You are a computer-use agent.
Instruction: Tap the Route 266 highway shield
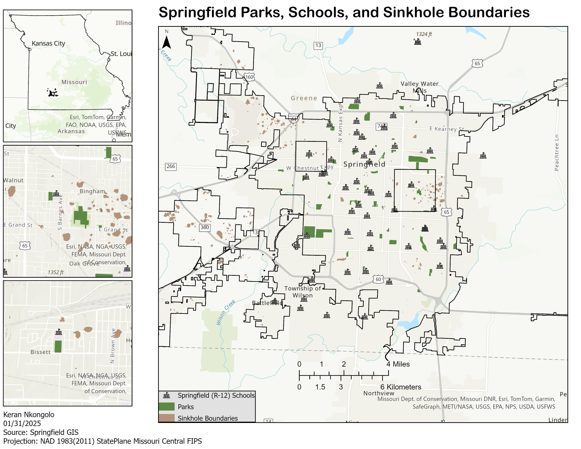[171, 167]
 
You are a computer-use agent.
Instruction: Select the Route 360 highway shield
[205, 227]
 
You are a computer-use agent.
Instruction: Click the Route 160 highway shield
[249, 77]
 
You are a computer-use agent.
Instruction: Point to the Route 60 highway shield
[378, 279]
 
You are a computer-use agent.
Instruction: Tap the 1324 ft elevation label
[424, 34]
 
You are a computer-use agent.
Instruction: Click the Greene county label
[304, 98]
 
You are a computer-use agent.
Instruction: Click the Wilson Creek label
[226, 313]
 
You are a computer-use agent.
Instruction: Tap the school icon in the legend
[167, 395]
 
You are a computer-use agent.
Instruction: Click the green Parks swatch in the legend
[167, 407]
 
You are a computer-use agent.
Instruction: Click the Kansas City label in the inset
[48, 43]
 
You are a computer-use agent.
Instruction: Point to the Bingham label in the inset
[92, 191]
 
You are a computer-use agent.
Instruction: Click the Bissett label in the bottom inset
[40, 352]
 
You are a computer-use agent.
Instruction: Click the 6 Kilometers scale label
[401, 387]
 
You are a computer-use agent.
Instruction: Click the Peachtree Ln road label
[557, 153]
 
